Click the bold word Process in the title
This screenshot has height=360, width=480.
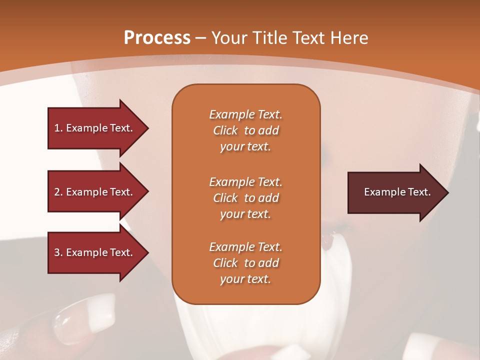tap(157, 38)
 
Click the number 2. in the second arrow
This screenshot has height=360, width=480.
tap(58, 192)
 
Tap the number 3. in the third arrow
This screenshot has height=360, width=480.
tap(58, 252)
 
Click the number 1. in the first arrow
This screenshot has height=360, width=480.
tap(58, 128)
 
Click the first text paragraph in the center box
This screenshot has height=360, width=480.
tap(245, 130)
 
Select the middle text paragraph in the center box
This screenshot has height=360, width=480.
tap(245, 198)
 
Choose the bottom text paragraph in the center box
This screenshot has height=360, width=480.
tap(245, 263)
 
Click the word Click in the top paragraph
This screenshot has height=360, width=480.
tap(225, 130)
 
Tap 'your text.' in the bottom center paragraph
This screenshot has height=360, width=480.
tap(245, 279)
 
